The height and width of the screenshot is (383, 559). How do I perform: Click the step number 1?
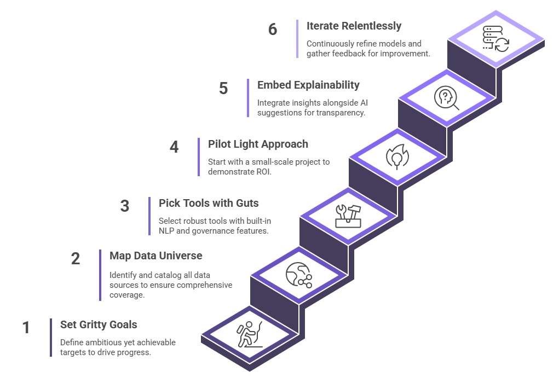pos(26,328)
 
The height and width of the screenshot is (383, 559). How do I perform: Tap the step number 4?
pos(174,147)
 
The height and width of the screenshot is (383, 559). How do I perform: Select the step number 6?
pos(273,29)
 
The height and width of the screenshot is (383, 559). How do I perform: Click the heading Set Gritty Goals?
pos(99,324)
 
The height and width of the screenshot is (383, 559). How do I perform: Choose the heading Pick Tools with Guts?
pos(209,203)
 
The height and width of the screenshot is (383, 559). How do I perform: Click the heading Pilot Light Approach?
pos(258,144)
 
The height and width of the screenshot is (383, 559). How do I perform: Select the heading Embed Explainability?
pos(308,85)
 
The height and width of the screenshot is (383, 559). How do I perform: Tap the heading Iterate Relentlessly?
pos(354,26)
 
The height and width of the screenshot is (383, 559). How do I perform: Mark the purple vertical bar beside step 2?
pos(100,275)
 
